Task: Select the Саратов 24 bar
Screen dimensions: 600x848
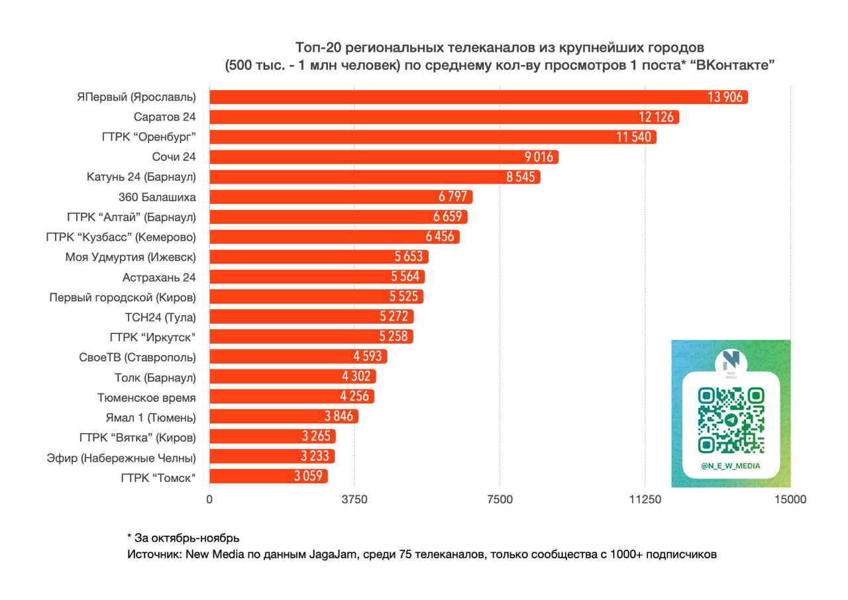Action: click(x=444, y=117)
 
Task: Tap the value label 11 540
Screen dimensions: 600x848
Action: click(x=633, y=138)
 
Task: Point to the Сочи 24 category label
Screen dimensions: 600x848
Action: click(x=174, y=157)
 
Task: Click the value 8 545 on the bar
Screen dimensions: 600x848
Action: click(x=520, y=177)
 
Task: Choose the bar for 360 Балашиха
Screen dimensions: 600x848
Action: click(x=341, y=197)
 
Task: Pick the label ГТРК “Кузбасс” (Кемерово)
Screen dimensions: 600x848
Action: click(x=121, y=236)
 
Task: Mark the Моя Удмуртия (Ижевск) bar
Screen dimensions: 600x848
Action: click(x=319, y=257)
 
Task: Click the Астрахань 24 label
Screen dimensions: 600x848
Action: click(x=159, y=277)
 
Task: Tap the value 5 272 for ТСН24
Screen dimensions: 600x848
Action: click(x=394, y=317)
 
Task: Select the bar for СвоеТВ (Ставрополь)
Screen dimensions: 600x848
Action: click(x=298, y=356)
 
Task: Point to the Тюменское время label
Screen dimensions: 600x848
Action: click(x=146, y=397)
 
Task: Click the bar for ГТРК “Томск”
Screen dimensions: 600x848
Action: click(x=268, y=476)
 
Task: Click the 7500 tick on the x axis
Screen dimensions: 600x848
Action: click(x=500, y=499)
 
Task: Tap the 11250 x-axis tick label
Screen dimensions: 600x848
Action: click(x=645, y=499)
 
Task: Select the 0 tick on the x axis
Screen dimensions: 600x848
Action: click(x=210, y=499)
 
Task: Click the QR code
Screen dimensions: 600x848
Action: click(x=731, y=420)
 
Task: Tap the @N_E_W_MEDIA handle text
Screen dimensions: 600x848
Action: click(x=731, y=466)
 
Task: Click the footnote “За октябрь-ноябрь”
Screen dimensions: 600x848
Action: click(x=184, y=537)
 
